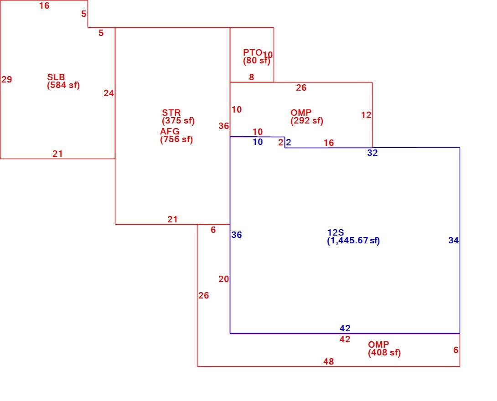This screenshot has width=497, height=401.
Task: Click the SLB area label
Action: pyautogui.click(x=56, y=77)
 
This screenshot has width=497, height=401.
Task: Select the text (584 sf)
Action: pyautogui.click(x=63, y=85)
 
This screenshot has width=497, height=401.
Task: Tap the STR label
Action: pyautogui.click(x=171, y=113)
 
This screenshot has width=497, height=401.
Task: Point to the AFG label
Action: pyautogui.click(x=170, y=131)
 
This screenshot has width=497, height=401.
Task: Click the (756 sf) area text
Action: pyautogui.click(x=176, y=139)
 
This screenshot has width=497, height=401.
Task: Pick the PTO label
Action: pyautogui.click(x=253, y=52)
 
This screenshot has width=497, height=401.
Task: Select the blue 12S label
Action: pyautogui.click(x=336, y=232)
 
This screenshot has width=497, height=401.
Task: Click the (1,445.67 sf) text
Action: pyautogui.click(x=353, y=241)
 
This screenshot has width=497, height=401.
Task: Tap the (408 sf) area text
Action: pyautogui.click(x=384, y=353)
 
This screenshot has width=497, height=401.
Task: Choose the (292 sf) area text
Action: pyautogui.click(x=307, y=121)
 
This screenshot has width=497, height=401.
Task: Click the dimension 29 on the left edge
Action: pyautogui.click(x=7, y=79)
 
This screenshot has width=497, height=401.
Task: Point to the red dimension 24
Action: pyautogui.click(x=109, y=93)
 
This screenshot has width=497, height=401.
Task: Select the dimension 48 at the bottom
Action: pyautogui.click(x=329, y=361)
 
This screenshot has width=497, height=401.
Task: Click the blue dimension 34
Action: pyautogui.click(x=454, y=241)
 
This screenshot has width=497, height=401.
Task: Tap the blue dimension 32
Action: pyautogui.click(x=373, y=153)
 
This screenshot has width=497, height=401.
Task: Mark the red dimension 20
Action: pyautogui.click(x=223, y=279)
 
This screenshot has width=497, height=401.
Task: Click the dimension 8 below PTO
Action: pyautogui.click(x=251, y=77)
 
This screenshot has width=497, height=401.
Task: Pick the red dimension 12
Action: pyautogui.click(x=366, y=115)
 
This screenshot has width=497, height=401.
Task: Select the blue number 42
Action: pyautogui.click(x=345, y=328)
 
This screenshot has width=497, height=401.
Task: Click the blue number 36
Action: pyautogui.click(x=237, y=235)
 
